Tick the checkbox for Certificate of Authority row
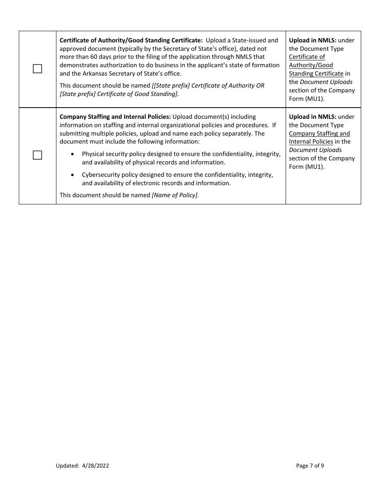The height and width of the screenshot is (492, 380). tap(37, 69)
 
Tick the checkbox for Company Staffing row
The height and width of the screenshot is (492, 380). tap(37, 155)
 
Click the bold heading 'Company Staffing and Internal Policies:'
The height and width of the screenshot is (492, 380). tap(115, 117)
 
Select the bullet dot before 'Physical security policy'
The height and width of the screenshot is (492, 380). tap(72, 154)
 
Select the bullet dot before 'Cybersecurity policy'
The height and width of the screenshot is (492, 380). tap(72, 175)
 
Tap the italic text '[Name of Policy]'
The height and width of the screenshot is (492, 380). tap(175, 195)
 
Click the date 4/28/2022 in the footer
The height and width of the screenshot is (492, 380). tap(96, 466)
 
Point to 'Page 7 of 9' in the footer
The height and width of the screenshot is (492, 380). tap(310, 466)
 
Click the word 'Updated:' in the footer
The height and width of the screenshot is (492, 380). tap(67, 466)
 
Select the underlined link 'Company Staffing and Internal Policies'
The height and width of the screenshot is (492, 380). tap(319, 138)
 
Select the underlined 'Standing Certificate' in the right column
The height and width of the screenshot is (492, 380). tap(316, 74)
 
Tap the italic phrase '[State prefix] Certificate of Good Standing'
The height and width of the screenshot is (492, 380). tap(118, 94)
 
